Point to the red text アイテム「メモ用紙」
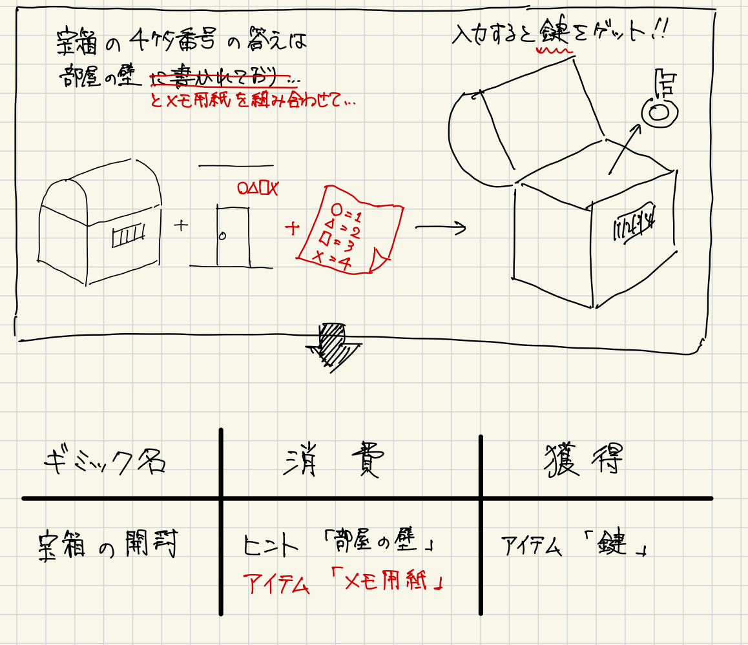pos(344,584)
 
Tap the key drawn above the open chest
pos(659,103)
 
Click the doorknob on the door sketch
pos(222,236)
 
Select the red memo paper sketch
pos(349,231)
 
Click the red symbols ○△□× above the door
pos(257,189)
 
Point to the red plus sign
pos(292,227)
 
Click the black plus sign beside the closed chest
pos(182,225)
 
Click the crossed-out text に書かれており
pos(220,79)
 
